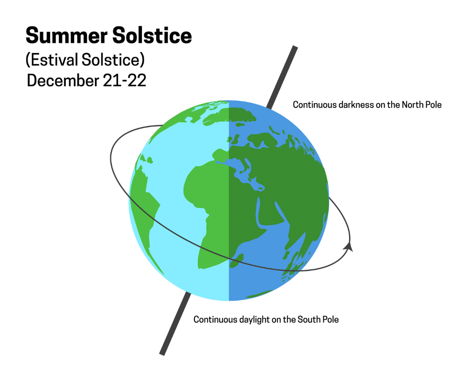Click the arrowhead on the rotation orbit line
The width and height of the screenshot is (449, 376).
pyautogui.click(x=349, y=246)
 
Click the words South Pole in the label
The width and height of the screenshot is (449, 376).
pyautogui.click(x=318, y=319)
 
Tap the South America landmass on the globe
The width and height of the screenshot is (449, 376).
pyautogui.click(x=146, y=205)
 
